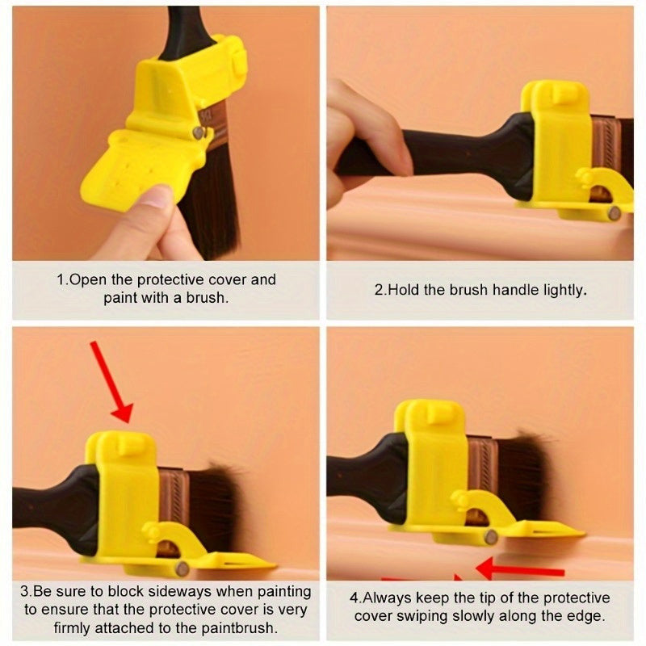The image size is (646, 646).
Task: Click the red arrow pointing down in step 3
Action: tap(111, 381)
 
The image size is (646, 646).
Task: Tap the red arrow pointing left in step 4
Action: tap(520, 570)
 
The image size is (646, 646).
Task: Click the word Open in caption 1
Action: tap(88, 280)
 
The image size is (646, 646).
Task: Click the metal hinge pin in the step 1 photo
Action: tap(199, 132)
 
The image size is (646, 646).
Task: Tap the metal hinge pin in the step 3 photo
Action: tap(181, 569)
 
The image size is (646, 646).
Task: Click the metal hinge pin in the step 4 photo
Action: tap(491, 537)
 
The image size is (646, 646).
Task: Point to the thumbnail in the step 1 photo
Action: tap(153, 196)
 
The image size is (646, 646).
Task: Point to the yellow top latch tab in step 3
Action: tap(128, 447)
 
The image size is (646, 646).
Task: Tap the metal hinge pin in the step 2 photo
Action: tap(615, 213)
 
